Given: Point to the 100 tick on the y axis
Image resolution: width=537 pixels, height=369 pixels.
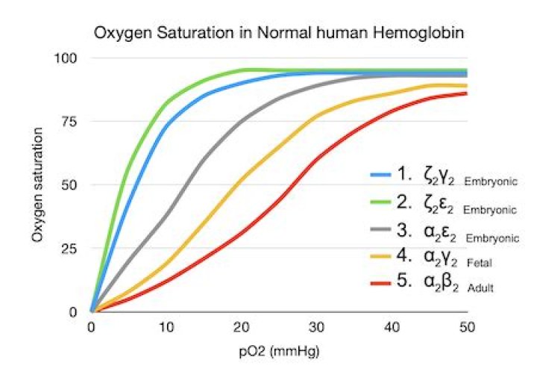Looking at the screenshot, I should point(72,58).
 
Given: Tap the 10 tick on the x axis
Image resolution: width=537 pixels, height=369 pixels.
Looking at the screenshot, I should point(166,326).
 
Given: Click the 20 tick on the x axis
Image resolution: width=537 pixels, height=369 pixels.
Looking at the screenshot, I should point(241,326).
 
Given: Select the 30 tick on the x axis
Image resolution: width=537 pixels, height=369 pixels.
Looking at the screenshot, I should point(316,326).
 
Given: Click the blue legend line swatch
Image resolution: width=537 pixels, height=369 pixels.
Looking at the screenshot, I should point(383,177).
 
